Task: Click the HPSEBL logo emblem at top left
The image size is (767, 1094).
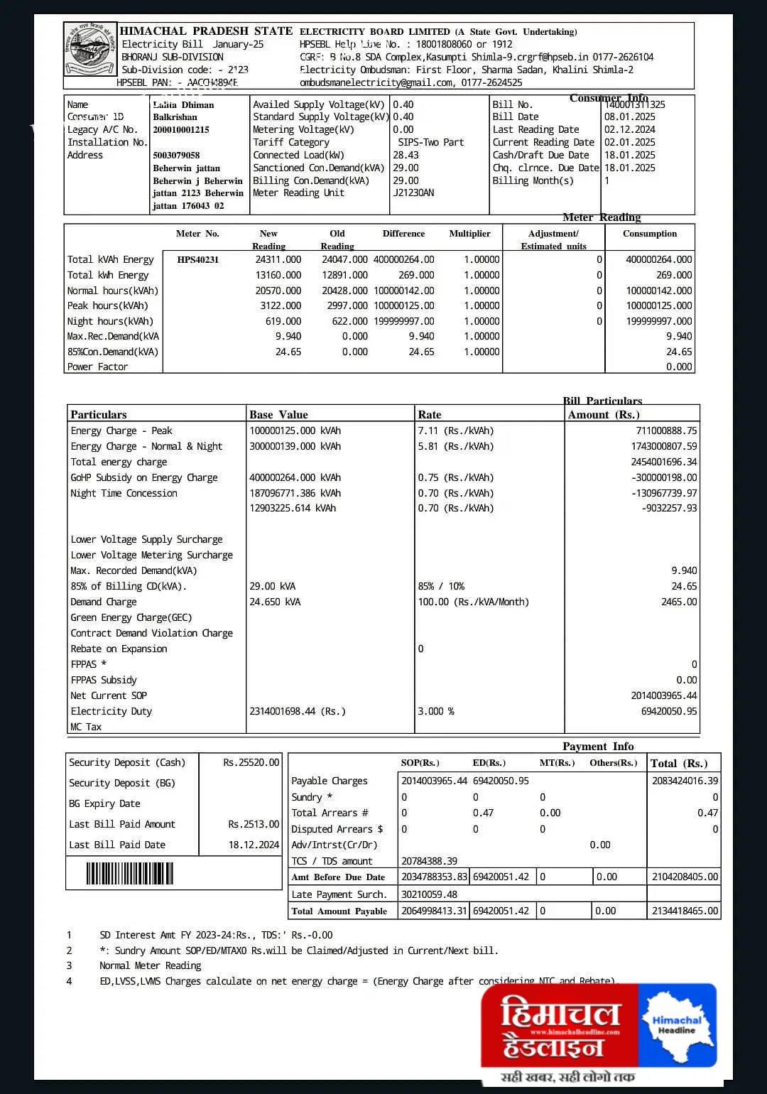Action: [x=90, y=50]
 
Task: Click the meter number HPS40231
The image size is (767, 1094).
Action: [x=198, y=260]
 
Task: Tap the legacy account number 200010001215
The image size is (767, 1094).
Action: [x=181, y=130]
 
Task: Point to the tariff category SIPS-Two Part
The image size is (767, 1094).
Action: [x=430, y=143]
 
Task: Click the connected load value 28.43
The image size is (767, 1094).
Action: [x=406, y=156]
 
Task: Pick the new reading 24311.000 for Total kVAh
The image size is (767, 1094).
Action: [x=278, y=260]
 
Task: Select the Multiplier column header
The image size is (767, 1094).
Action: [x=469, y=234]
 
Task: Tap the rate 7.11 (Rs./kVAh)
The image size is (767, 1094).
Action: [x=455, y=431]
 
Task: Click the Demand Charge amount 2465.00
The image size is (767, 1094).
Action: [x=679, y=602]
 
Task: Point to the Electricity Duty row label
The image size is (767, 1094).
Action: [x=111, y=712]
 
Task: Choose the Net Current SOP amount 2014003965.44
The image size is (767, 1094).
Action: [x=664, y=696]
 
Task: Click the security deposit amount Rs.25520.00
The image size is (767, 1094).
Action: [x=251, y=763]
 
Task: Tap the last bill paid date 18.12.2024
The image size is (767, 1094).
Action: [x=254, y=845]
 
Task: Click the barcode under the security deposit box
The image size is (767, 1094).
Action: [x=130, y=873]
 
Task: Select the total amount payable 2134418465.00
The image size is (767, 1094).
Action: [x=685, y=911]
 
